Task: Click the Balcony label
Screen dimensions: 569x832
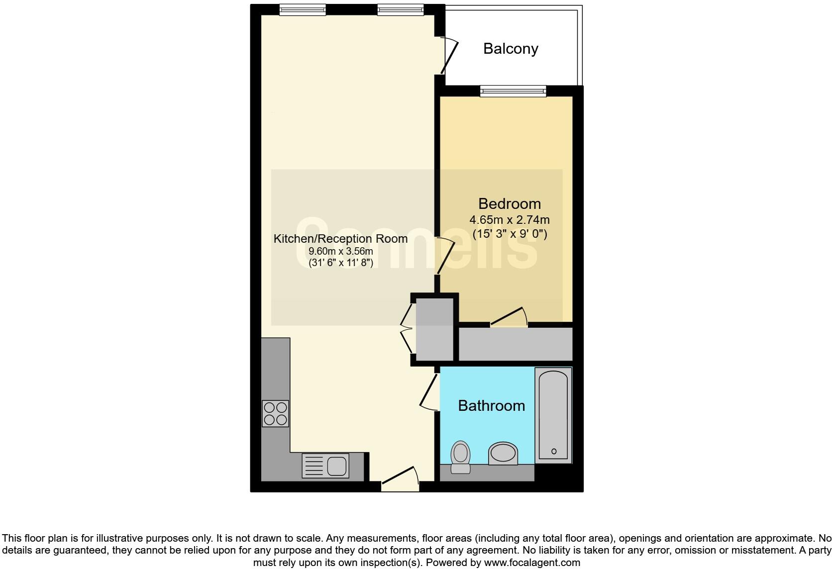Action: click(511, 49)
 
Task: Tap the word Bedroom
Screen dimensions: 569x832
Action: click(509, 203)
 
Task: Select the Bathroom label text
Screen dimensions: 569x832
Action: click(491, 405)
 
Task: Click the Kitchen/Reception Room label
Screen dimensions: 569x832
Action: click(340, 239)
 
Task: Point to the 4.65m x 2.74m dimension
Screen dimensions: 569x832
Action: click(509, 219)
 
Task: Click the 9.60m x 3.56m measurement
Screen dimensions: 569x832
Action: click(340, 251)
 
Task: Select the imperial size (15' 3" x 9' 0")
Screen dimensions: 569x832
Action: click(509, 234)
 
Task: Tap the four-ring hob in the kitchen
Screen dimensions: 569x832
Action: click(275, 413)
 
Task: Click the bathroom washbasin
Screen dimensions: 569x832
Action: click(503, 454)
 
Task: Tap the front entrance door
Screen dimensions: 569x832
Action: click(400, 476)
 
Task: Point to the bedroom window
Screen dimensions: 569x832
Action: click(513, 91)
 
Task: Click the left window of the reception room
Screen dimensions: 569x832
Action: click(302, 9)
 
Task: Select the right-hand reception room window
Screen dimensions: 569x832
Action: click(400, 9)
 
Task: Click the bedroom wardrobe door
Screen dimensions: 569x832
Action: click(509, 317)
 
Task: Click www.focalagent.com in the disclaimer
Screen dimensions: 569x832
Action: click(532, 563)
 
